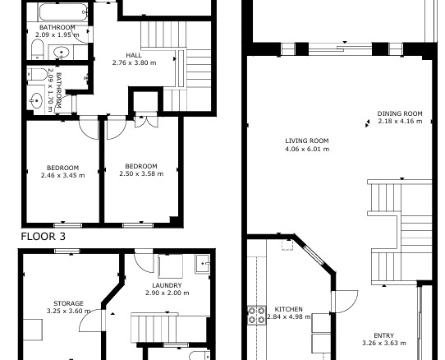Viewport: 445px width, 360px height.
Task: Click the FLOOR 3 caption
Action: (x=44, y=237)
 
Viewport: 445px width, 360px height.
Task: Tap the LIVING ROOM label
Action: (x=307, y=141)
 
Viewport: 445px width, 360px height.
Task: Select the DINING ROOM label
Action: (x=400, y=113)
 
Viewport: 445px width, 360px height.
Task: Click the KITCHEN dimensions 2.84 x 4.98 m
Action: (x=289, y=316)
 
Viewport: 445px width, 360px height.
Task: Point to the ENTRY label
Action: (x=384, y=335)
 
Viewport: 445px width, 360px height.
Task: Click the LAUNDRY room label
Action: (x=167, y=285)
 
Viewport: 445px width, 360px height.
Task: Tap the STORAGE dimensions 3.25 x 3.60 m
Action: (x=69, y=311)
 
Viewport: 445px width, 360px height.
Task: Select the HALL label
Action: (x=134, y=55)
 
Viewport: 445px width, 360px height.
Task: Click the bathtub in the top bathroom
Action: (x=63, y=12)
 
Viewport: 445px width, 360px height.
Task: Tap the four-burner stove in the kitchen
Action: (x=256, y=315)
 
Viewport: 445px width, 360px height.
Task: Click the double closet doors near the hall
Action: (x=146, y=122)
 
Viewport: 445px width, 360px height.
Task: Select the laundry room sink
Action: (x=202, y=264)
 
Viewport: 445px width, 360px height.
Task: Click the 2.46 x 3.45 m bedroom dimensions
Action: (x=62, y=175)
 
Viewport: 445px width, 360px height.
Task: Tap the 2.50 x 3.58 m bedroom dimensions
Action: (x=141, y=173)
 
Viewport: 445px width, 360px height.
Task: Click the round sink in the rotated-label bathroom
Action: (x=37, y=100)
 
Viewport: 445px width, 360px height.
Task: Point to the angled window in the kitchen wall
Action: (x=314, y=255)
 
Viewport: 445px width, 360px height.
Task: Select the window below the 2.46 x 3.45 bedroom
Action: (x=68, y=225)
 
